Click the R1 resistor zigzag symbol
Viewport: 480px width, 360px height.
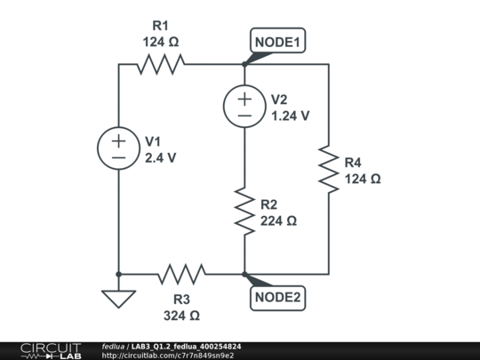[x=161, y=64]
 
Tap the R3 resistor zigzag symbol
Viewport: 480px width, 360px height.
[x=181, y=274]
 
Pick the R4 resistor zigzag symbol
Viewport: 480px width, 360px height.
[x=329, y=170]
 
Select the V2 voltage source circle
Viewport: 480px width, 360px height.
[x=244, y=106]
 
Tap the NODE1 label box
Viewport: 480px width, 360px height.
[x=279, y=42]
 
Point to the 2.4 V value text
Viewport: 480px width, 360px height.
[x=160, y=158]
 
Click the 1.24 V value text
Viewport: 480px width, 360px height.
[x=290, y=116]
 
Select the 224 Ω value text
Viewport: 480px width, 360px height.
[x=278, y=221]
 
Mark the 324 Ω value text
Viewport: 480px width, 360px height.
[x=181, y=316]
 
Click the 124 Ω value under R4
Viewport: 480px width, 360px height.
[x=362, y=179]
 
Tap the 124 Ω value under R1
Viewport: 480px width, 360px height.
[x=161, y=41]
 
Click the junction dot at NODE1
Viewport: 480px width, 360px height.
[x=244, y=64]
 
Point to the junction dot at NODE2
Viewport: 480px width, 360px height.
[x=244, y=274]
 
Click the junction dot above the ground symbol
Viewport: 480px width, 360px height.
[x=118, y=274]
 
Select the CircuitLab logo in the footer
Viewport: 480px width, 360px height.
[x=50, y=350]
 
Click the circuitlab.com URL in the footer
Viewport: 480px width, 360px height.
[x=168, y=356]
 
